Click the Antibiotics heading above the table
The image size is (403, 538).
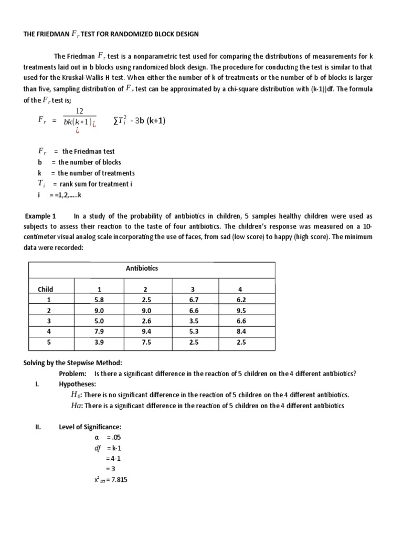pos(142,268)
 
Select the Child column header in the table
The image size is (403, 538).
pos(45,289)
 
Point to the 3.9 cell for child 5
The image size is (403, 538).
pos(100,342)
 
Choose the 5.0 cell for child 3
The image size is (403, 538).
pos(100,320)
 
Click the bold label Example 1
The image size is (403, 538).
pos(40,216)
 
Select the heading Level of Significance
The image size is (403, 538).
pos(90,427)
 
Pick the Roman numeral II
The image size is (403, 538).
pos(37,427)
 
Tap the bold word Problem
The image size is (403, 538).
pos(72,374)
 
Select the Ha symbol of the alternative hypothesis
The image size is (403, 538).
pos(76,406)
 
